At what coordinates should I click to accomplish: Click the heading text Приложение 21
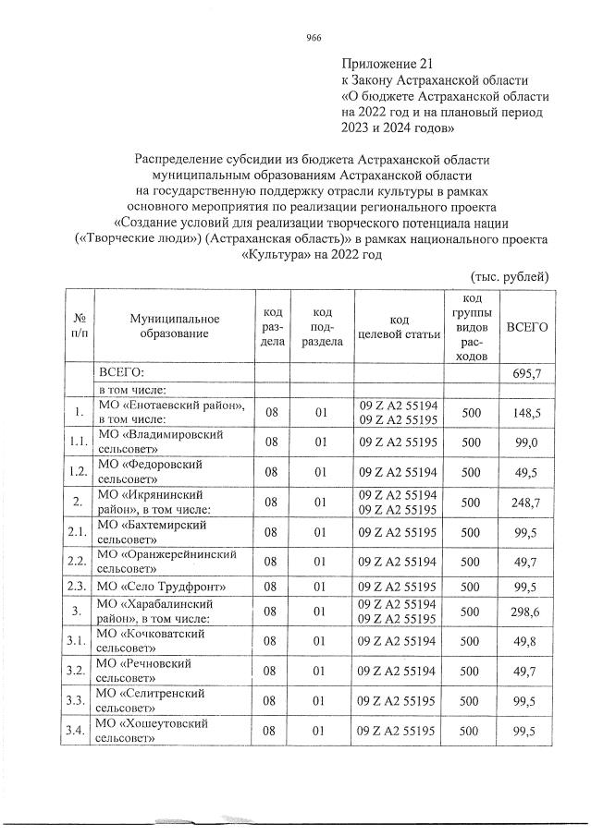tap(387, 64)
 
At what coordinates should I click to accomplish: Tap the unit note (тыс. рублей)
tap(510, 275)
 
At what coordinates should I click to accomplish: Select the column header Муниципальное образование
tap(174, 325)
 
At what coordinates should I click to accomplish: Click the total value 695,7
tap(525, 371)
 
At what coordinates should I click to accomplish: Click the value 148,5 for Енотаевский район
tap(525, 411)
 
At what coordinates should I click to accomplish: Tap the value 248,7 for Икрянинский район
tap(525, 502)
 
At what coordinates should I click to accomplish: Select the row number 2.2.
tap(78, 561)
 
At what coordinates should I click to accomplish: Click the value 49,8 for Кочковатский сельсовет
tap(525, 640)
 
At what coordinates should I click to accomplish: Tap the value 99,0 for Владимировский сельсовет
tap(525, 442)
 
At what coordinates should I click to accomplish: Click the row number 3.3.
tap(78, 700)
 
